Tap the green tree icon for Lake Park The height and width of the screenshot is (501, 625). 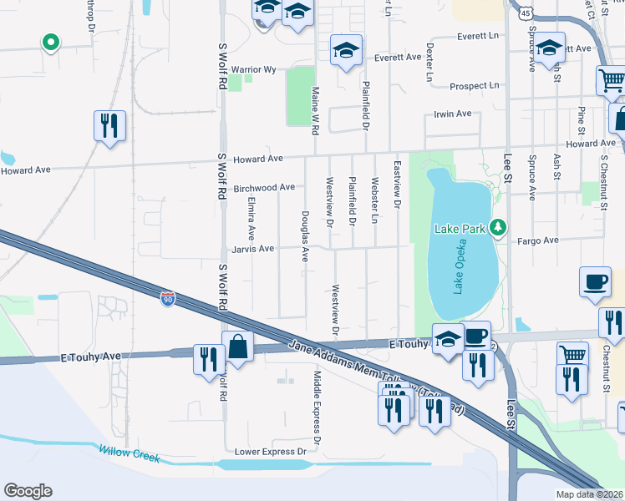[x=499, y=226]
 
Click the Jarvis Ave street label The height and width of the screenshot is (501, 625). [x=254, y=249]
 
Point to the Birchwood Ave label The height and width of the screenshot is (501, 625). [x=264, y=188]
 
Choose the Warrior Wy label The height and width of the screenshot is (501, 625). [x=259, y=69]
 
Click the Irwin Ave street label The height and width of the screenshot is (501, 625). [x=452, y=114]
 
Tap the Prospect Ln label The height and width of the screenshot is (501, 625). [x=474, y=86]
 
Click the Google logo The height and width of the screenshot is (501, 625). [x=28, y=491]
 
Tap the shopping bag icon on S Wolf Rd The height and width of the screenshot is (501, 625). [x=238, y=347]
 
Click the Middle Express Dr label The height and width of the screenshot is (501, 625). [x=317, y=407]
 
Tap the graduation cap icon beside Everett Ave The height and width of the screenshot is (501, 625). [x=346, y=51]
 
